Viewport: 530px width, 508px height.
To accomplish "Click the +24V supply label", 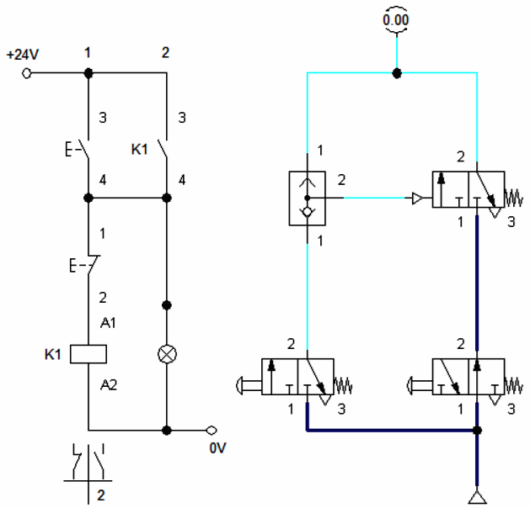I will [23, 56].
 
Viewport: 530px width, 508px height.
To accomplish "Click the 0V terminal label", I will [217, 447].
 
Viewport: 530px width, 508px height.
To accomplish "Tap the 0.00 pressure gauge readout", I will [397, 19].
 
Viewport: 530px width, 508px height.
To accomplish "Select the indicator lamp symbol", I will [167, 354].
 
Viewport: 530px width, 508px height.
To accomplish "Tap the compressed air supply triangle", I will [477, 495].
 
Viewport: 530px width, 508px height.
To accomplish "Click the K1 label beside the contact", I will [140, 150].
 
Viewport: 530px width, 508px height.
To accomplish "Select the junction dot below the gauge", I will [397, 73].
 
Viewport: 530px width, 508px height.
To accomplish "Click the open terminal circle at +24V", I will [27, 73].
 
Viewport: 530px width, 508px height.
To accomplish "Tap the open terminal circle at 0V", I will [211, 430].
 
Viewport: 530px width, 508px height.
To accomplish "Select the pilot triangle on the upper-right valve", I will [416, 198].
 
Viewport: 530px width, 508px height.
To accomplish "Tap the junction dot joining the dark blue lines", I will [477, 431].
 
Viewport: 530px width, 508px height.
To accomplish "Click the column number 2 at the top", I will [165, 53].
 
